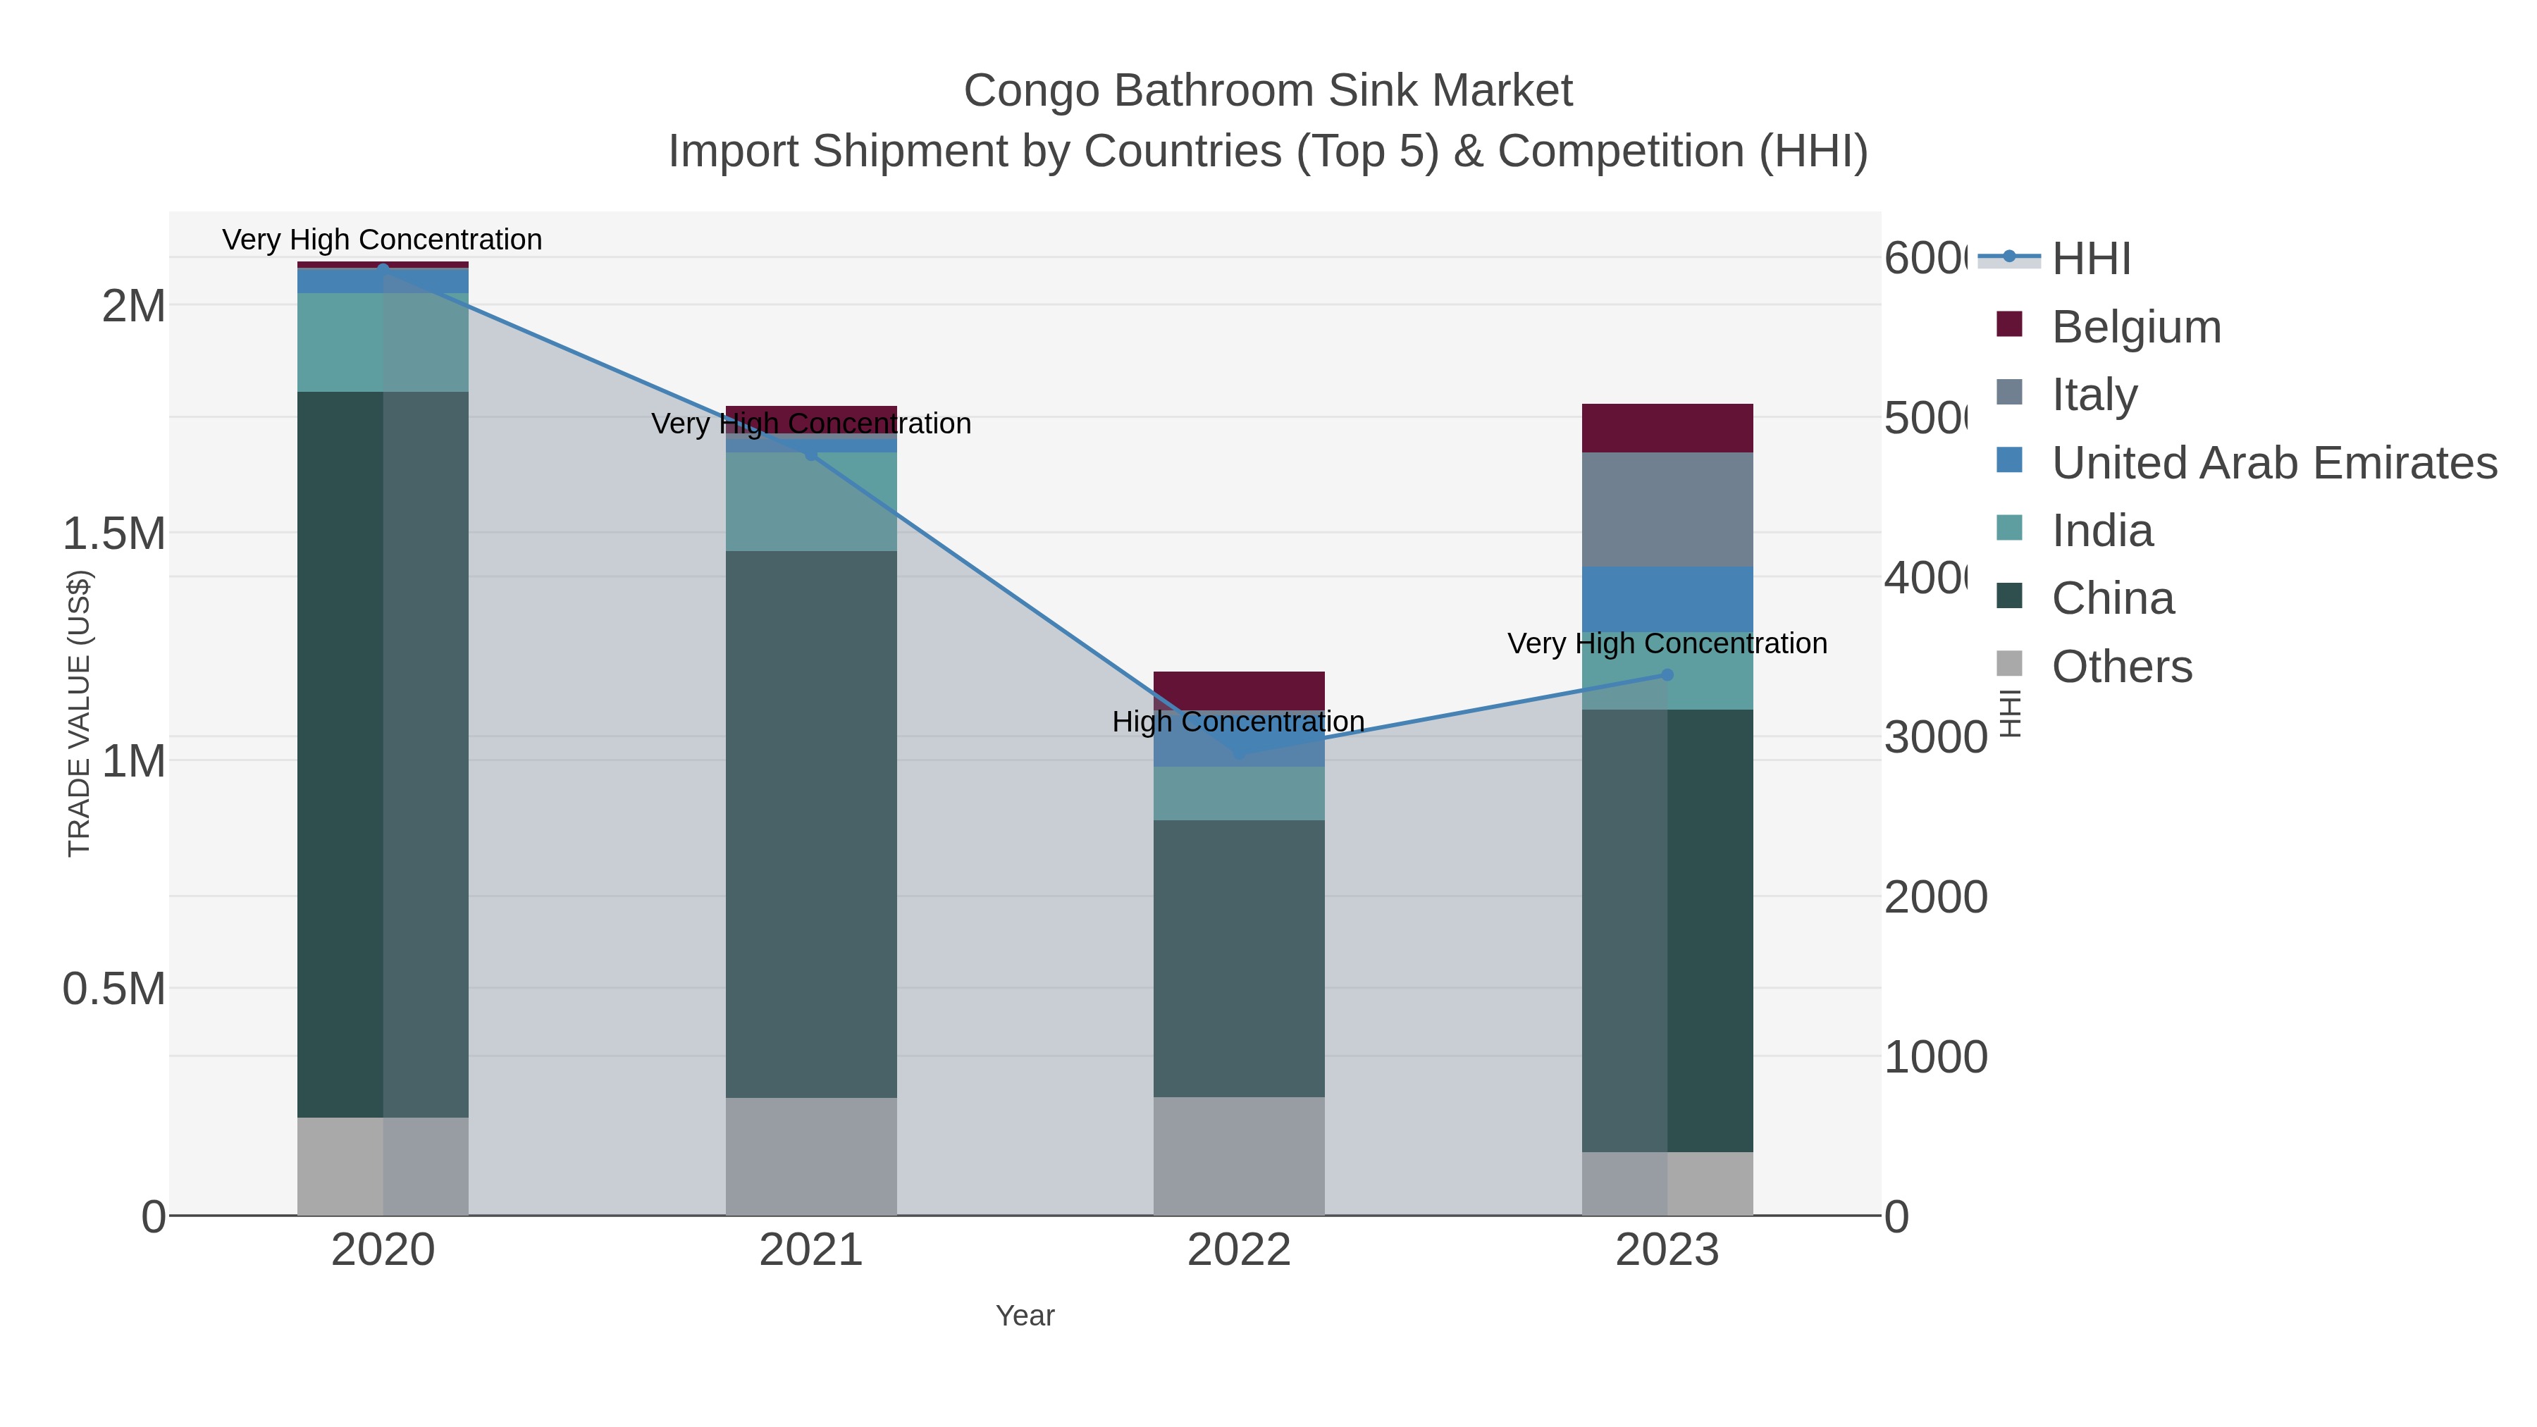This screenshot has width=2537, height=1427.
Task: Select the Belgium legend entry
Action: click(2135, 327)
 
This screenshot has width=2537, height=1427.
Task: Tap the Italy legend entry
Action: click(2094, 395)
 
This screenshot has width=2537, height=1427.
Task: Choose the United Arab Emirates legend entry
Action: click(2273, 463)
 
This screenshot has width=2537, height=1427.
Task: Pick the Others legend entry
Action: click(2121, 667)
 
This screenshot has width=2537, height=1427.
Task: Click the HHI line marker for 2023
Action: click(1667, 674)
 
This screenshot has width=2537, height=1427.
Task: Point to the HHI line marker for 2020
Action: click(383, 268)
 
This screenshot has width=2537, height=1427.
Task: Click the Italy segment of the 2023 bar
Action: click(1667, 509)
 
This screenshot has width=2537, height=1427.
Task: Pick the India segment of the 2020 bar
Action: click(383, 342)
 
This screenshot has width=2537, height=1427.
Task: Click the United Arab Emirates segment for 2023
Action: click(1667, 599)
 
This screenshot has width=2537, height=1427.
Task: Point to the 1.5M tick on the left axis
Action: click(114, 533)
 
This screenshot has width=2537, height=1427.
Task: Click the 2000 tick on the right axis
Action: click(1934, 897)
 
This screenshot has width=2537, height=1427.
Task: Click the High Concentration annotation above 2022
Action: click(1238, 722)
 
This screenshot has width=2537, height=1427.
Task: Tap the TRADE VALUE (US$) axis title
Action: click(79, 713)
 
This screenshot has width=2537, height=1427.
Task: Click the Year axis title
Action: click(1024, 1316)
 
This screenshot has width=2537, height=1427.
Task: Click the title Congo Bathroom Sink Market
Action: click(1268, 91)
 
